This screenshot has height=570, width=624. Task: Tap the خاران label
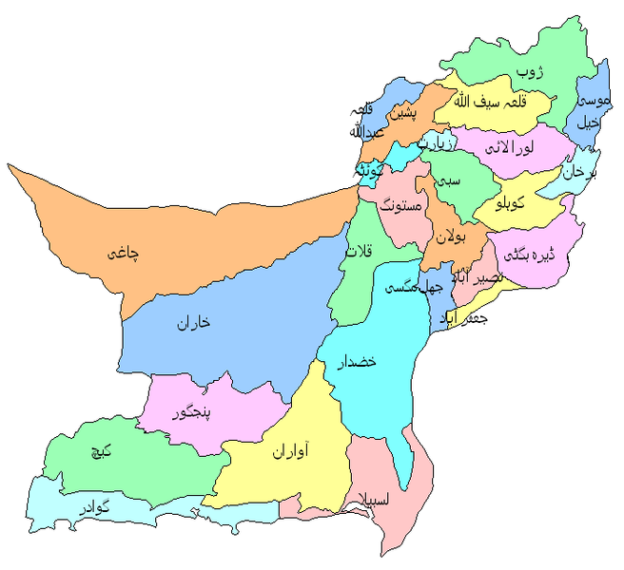[x=192, y=323]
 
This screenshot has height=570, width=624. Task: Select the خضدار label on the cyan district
[x=361, y=361]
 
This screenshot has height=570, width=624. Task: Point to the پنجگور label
[x=190, y=413]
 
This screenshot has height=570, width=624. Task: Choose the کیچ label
[x=100, y=453]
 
